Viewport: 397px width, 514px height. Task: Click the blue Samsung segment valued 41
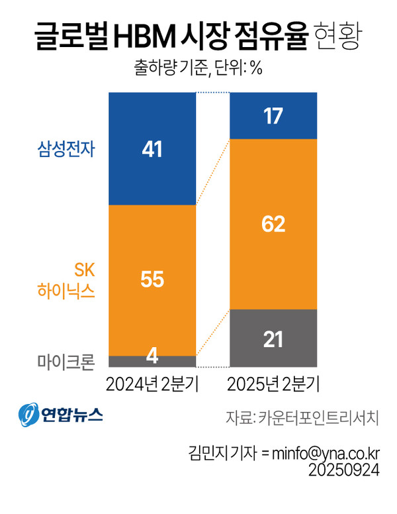click(152, 149)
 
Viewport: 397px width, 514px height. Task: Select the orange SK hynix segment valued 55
click(152, 280)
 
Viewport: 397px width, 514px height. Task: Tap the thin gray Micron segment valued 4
click(152, 361)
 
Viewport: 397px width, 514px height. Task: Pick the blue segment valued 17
click(273, 116)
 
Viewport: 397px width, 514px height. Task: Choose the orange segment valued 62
click(273, 224)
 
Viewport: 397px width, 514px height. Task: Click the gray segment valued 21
click(273, 338)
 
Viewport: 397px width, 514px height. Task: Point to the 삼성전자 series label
click(66, 150)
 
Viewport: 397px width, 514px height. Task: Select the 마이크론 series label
click(66, 362)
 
